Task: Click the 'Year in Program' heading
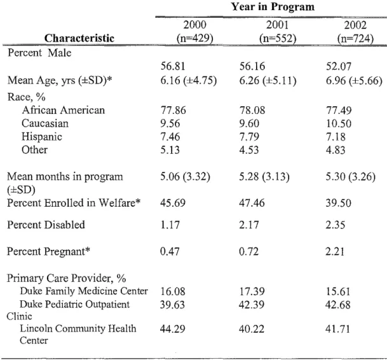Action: (273, 6)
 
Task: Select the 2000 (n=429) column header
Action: (195, 32)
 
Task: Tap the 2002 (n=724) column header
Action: (355, 32)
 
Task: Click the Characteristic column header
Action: (79, 38)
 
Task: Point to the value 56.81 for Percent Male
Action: (173, 66)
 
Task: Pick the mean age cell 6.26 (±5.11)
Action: (268, 81)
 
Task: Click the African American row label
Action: (63, 110)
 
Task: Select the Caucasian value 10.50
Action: (339, 123)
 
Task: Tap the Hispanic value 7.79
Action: (249, 137)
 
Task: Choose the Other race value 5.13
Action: (170, 150)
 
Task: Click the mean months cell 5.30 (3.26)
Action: (351, 177)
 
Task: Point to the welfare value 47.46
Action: (252, 203)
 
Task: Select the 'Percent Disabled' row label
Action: (46, 225)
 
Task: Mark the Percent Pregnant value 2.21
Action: (335, 251)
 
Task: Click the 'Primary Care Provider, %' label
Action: (66, 278)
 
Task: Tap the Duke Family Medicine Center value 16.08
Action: (172, 291)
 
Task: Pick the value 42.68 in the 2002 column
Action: (338, 305)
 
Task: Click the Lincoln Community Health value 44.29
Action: (172, 329)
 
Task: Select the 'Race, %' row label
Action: (27, 97)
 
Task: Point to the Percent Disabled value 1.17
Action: (170, 225)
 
